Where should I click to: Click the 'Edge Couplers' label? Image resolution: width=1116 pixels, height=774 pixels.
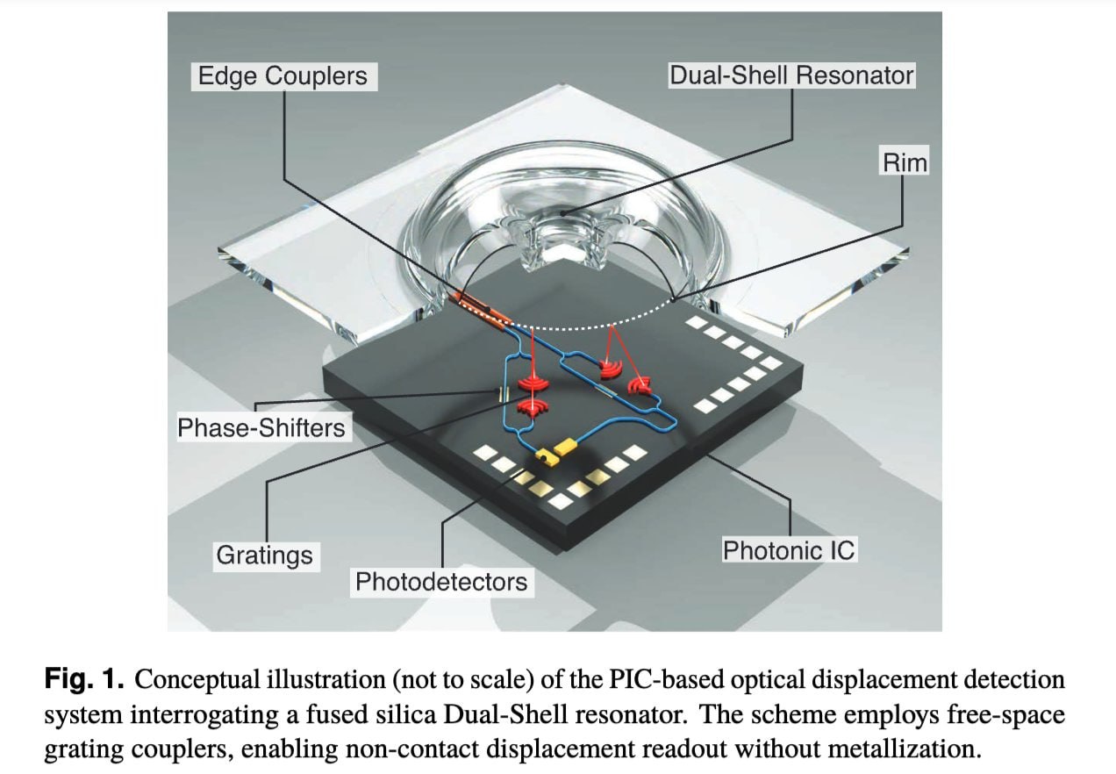coord(283,75)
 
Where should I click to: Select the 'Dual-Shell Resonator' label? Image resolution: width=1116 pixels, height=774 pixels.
coord(791,75)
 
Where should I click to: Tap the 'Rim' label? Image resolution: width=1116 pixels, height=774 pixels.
coord(905,162)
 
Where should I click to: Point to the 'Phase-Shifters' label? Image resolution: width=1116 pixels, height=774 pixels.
coord(261,428)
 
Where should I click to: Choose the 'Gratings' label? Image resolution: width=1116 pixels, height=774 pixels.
coord(264,555)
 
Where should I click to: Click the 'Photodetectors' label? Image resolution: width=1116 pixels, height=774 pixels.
coord(440,581)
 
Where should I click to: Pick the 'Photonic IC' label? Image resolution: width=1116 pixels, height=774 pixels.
coord(788,550)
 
